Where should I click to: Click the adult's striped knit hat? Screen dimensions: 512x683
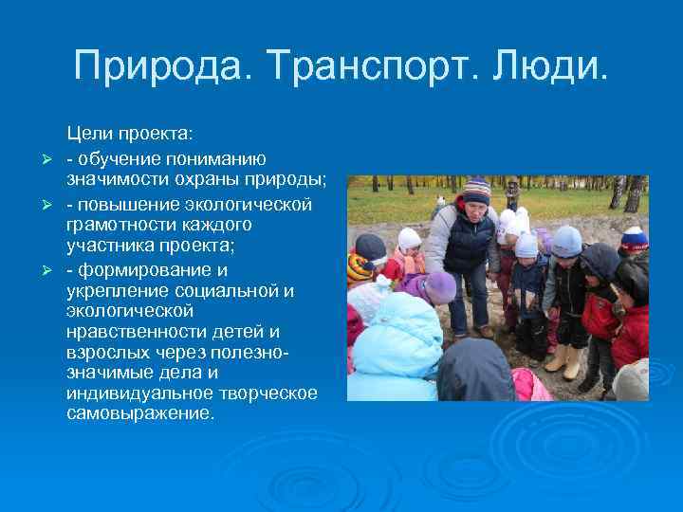(476, 190)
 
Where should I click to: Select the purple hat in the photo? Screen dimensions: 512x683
(439, 286)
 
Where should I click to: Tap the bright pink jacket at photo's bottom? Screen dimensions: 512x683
(529, 385)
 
